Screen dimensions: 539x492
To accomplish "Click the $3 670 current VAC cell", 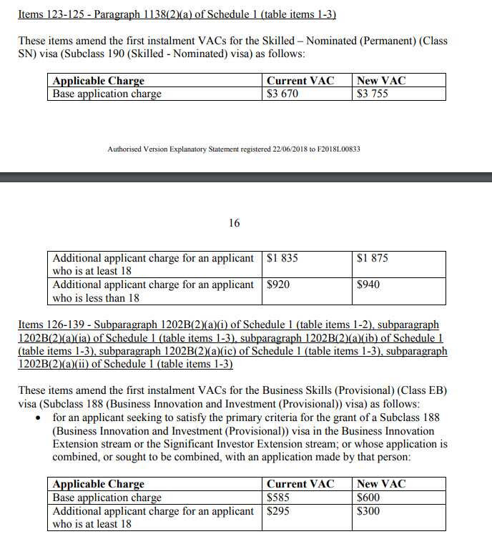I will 282,94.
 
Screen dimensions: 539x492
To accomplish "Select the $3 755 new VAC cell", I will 373,94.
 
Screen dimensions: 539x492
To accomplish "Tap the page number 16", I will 235,223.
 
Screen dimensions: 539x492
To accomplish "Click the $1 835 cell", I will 282,258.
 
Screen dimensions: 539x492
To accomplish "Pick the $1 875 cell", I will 373,258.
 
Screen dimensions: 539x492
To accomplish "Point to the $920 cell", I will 278,285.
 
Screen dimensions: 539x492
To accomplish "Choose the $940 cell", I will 368,285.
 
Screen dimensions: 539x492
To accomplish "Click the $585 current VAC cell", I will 278,498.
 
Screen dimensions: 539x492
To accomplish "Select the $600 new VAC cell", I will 368,498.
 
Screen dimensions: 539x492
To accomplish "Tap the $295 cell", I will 278,511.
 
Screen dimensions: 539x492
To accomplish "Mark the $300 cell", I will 368,511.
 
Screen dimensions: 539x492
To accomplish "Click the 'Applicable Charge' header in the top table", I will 99,81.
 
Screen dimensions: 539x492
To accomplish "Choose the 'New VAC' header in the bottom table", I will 381,484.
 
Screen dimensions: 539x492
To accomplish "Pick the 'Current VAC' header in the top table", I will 300,81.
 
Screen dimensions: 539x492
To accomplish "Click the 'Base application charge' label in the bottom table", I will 107,498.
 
